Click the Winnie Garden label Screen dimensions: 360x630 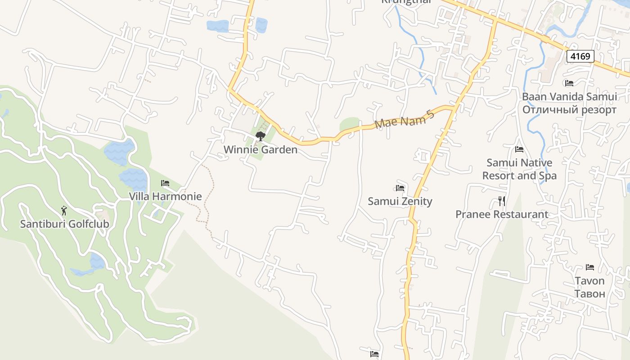261,150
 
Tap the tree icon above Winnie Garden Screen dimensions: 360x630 260,136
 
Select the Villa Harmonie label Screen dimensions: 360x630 165,197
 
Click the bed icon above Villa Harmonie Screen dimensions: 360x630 165,183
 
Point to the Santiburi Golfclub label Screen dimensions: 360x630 64,224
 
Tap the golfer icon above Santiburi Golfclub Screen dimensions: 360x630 64,210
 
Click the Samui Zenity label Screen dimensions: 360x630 400,201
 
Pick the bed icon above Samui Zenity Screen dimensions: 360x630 400,188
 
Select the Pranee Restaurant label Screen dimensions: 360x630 502,214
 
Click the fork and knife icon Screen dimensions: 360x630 502,201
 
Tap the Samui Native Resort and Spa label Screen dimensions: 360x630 519,169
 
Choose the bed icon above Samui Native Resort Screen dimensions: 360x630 519,149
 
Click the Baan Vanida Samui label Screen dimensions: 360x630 569,97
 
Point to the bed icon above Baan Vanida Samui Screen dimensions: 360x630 569,83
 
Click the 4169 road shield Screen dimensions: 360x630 580,56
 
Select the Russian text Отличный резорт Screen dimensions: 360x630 569,110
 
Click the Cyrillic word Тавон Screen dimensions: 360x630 589,294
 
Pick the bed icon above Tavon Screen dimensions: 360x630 590,267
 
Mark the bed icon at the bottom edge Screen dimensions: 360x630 374,354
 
